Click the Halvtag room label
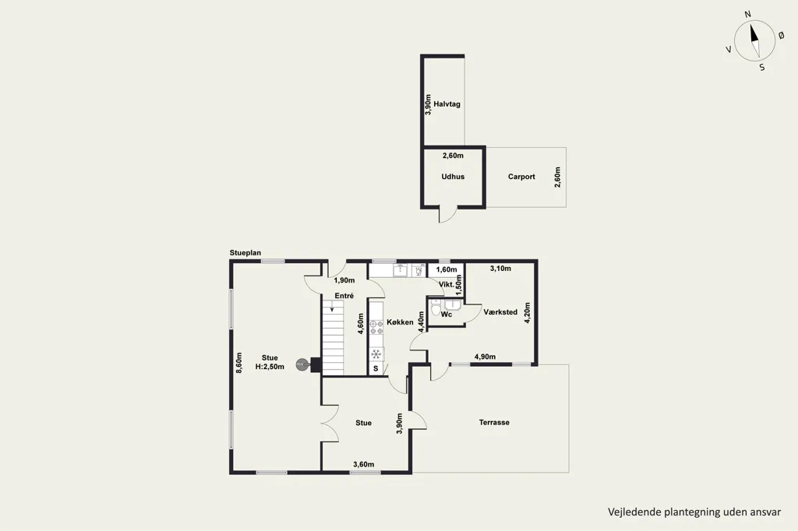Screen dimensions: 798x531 point(447,104)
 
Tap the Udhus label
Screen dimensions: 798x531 point(453,177)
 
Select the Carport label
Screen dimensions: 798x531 point(521,177)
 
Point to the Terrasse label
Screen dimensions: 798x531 point(494,423)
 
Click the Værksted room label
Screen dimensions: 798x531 point(500,312)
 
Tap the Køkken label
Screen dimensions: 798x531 point(400,322)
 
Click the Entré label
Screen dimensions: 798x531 point(344,296)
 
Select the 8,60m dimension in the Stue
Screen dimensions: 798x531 point(239,363)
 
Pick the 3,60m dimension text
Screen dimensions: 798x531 point(364,464)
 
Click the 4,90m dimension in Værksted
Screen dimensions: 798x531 point(485,357)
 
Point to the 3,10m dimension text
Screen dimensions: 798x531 point(500,269)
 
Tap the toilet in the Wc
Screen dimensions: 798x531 point(436,308)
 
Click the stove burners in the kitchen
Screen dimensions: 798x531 point(376,328)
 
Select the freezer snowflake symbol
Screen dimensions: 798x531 point(376,354)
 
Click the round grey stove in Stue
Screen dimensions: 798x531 point(302,364)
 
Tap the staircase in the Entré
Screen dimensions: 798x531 point(332,336)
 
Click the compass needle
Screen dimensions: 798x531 point(754,40)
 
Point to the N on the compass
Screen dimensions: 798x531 point(747,15)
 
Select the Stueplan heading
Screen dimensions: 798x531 point(245,253)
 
